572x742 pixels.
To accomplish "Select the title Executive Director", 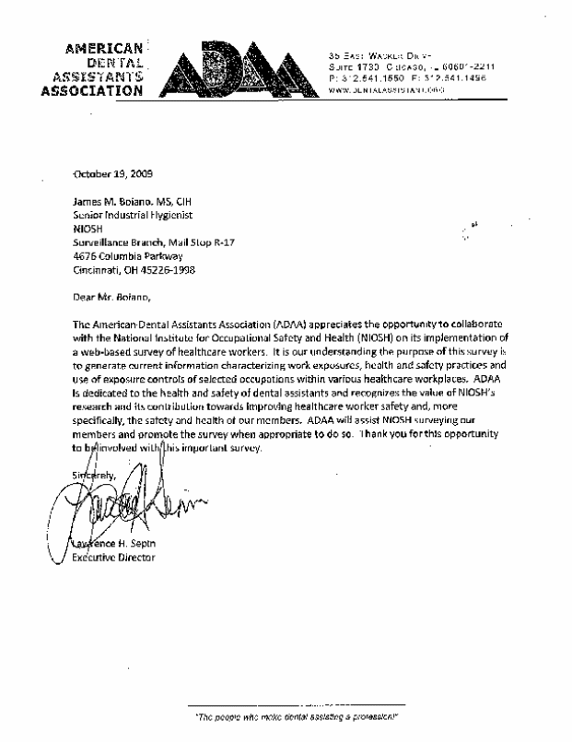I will click(113, 559).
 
